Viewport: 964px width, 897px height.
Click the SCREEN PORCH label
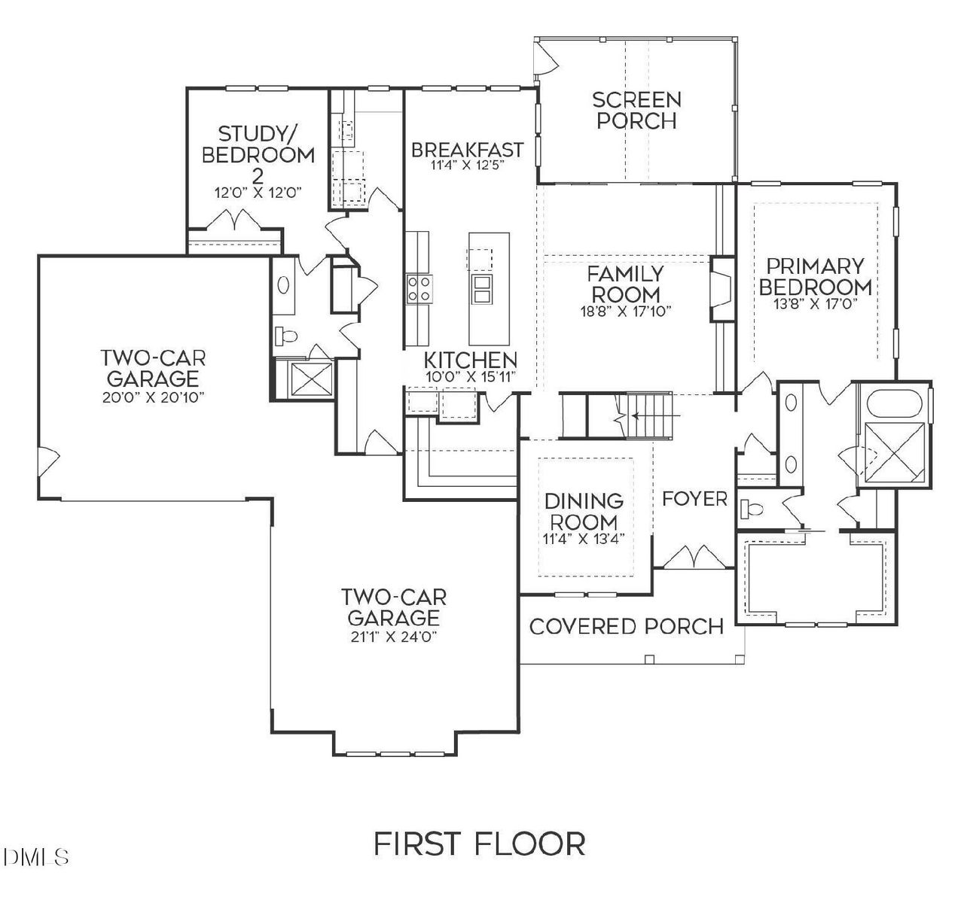(636, 110)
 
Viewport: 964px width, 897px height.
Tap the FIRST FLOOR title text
(479, 844)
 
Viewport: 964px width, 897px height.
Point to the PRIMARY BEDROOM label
(815, 276)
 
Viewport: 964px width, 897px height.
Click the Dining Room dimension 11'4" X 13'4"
(584, 539)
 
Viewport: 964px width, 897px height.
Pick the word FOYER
(694, 498)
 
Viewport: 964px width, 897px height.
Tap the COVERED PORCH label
(626, 626)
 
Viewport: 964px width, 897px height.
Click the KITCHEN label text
(470, 360)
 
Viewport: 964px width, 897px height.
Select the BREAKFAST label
(467, 149)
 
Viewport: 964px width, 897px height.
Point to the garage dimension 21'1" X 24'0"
(393, 637)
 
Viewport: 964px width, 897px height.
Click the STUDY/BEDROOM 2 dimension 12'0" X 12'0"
(258, 192)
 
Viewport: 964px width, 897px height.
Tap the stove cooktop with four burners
(420, 288)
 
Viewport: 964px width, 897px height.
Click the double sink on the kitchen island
(482, 288)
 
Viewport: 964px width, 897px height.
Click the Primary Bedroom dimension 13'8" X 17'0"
(815, 304)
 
